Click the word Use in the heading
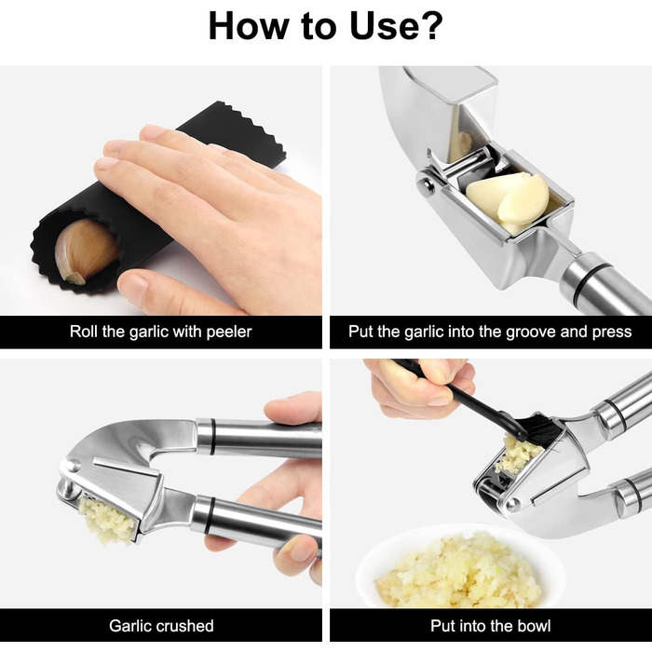383,26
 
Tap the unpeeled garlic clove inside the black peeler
86,251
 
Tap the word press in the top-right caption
612,333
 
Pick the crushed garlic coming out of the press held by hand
107,521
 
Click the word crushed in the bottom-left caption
186,626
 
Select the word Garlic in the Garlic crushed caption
131,626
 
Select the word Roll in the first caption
84,332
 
